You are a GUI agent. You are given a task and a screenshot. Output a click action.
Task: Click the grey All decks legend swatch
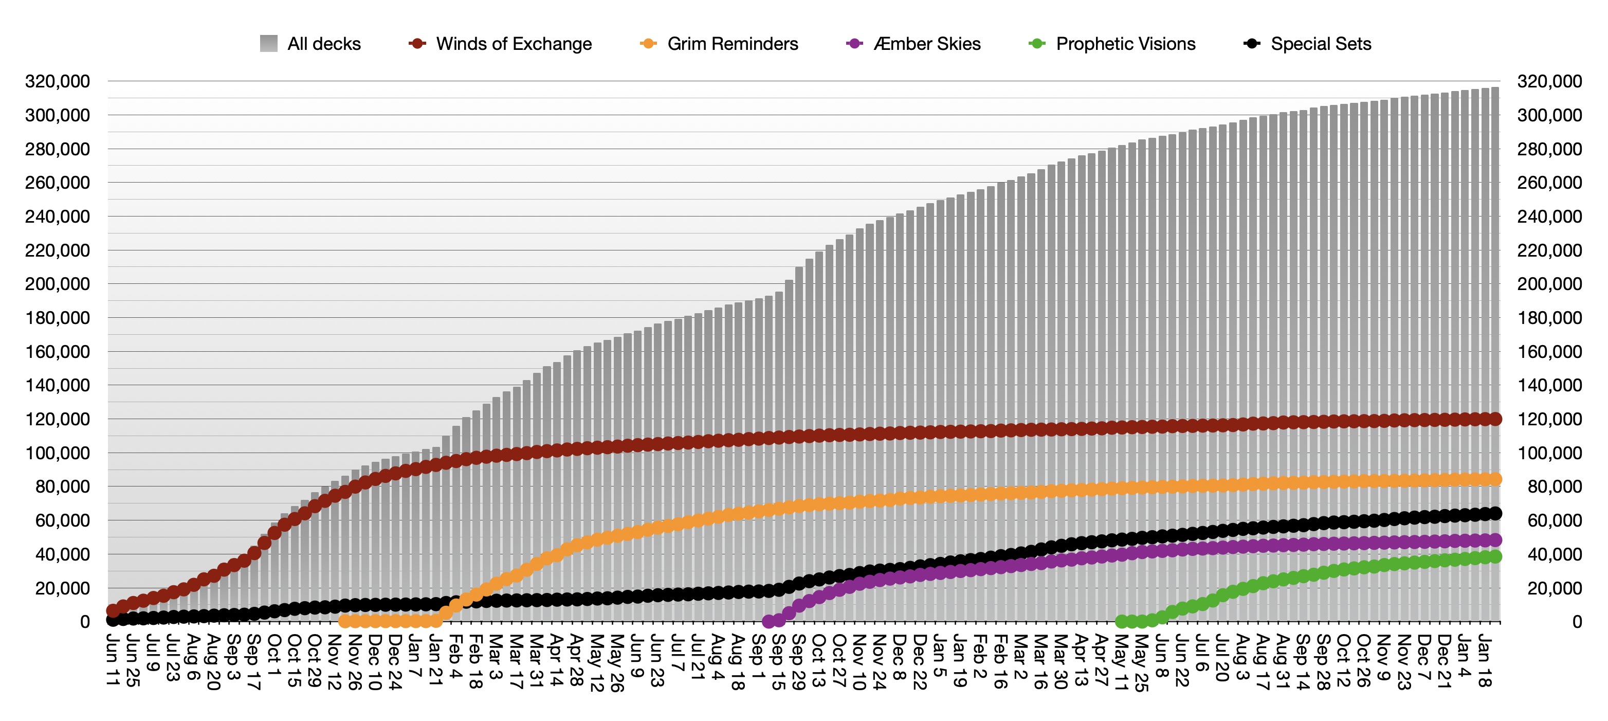(269, 44)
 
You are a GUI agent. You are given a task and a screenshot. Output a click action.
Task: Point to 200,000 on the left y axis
(58, 284)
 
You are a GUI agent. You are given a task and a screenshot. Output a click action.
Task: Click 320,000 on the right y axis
(1549, 81)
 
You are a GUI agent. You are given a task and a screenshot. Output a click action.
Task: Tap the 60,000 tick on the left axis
(62, 520)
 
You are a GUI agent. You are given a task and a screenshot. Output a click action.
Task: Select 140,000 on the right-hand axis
(1549, 385)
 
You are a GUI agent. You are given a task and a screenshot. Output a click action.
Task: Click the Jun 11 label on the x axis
(113, 660)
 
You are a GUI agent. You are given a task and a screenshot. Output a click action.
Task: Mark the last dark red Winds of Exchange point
(1495, 419)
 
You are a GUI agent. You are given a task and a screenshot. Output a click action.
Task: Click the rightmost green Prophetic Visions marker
(1495, 557)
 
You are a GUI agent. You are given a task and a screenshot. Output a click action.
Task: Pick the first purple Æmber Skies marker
(769, 621)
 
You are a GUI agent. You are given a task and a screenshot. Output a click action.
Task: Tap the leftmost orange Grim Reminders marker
(344, 621)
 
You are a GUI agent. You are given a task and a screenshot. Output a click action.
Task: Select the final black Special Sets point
(1495, 513)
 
